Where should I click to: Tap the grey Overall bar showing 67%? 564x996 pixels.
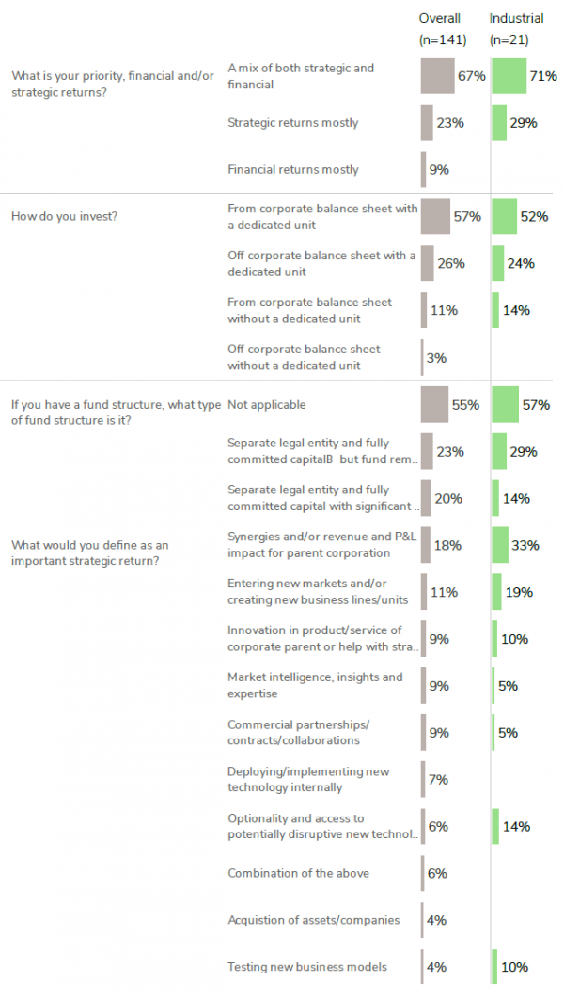point(438,76)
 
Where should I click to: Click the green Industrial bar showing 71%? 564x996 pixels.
point(509,76)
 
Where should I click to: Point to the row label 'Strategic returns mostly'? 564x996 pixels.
point(292,123)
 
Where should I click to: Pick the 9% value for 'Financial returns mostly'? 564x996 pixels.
point(439,170)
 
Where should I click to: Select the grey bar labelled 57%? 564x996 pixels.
point(435,217)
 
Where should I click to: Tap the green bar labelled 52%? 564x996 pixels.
point(504,217)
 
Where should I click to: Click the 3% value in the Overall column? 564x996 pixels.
point(436,358)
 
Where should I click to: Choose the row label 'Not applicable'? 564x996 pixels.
point(267,405)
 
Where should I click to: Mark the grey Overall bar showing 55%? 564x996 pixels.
point(435,405)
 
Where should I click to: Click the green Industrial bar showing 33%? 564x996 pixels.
point(500,545)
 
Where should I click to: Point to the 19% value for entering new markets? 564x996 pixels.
point(518,592)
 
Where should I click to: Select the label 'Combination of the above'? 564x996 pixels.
point(298,873)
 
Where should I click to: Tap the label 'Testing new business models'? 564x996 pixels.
point(306,967)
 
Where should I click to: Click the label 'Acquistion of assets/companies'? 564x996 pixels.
point(313,920)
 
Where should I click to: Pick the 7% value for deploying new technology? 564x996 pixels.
point(438,780)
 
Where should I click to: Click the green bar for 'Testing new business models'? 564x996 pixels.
point(494,967)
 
